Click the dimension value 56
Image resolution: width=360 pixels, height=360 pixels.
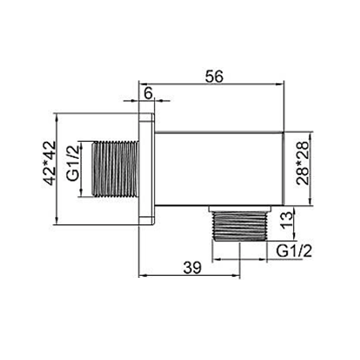click(x=214, y=77)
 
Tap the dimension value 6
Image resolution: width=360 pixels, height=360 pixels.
click(x=148, y=94)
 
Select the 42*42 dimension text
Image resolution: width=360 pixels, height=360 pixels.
click(x=50, y=163)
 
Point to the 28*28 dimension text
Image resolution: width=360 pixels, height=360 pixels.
click(x=303, y=163)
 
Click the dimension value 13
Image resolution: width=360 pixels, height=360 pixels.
click(x=287, y=220)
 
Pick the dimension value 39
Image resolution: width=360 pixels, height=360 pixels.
click(x=193, y=268)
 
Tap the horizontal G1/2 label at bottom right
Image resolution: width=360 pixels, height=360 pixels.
click(x=294, y=251)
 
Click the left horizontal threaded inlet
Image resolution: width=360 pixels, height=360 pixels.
click(x=115, y=169)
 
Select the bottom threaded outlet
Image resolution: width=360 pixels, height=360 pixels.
click(x=240, y=226)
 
